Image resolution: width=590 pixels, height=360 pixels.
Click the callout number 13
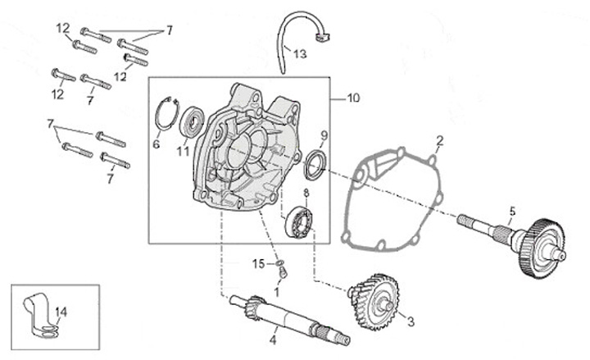tap(300, 54)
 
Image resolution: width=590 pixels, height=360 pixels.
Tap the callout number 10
tap(353, 98)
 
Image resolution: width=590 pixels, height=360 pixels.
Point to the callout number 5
tap(512, 210)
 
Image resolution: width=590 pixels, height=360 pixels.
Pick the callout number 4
tap(274, 339)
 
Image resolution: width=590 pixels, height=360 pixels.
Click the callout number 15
tap(258, 263)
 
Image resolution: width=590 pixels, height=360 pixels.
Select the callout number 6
tap(157, 144)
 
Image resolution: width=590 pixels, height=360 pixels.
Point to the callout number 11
tap(183, 151)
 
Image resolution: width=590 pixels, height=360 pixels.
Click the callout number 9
tap(324, 134)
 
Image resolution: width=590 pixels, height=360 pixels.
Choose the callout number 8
tap(306, 194)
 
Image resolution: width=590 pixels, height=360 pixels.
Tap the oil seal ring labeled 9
tap(314, 164)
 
